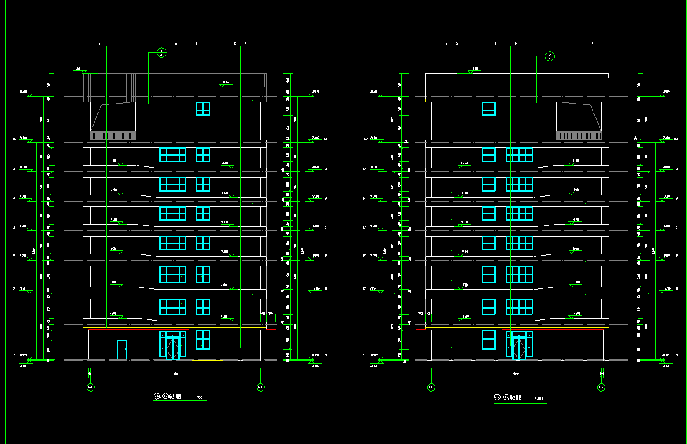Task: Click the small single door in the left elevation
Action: pyautogui.click(x=122, y=350)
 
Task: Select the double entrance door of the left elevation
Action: pyautogui.click(x=173, y=345)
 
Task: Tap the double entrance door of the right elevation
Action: pyautogui.click(x=519, y=345)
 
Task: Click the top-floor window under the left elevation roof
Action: pyautogui.click(x=202, y=109)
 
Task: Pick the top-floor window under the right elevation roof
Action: pyautogui.click(x=489, y=109)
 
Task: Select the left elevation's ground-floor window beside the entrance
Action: pyautogui.click(x=202, y=340)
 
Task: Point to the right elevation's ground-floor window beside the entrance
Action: pyautogui.click(x=489, y=340)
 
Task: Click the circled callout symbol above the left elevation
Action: pyautogui.click(x=161, y=52)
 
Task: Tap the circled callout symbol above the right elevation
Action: pyautogui.click(x=550, y=56)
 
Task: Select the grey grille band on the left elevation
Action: pyautogui.click(x=113, y=135)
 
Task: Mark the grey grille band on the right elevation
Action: pyautogui.click(x=579, y=135)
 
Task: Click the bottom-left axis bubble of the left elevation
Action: pyautogui.click(x=90, y=387)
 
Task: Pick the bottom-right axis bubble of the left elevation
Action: pyautogui.click(x=260, y=387)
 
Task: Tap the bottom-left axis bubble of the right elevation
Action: pyautogui.click(x=431, y=387)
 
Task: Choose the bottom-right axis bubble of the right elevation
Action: pyautogui.click(x=601, y=387)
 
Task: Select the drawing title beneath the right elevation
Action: pyautogui.click(x=513, y=397)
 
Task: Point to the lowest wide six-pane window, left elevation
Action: pyautogui.click(x=173, y=307)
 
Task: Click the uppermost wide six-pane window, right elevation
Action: pyautogui.click(x=519, y=154)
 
